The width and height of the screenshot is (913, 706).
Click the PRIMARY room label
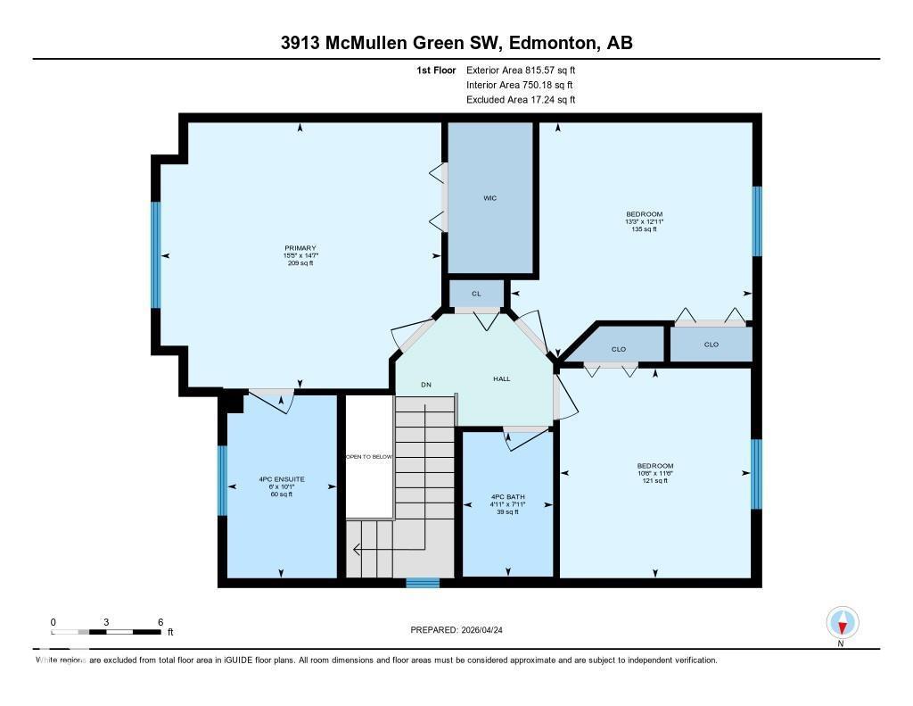coord(300,248)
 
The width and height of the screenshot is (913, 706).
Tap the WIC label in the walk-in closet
coord(489,198)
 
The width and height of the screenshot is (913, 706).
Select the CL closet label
coord(476,294)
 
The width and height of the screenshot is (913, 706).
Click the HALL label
coord(502,379)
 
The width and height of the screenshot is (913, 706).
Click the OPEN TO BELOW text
coord(369,456)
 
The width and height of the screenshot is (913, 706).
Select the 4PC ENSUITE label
coord(282,479)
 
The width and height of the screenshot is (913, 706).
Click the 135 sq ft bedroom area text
coord(644,229)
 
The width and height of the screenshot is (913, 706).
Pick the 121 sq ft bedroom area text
coord(654,481)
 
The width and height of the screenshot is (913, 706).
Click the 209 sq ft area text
coord(300,264)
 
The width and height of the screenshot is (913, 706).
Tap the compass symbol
coord(842,622)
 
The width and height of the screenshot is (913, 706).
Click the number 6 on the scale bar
coord(160,621)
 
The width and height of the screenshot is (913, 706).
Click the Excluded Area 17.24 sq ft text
coord(521,100)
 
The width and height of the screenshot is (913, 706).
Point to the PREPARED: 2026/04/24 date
coord(462,630)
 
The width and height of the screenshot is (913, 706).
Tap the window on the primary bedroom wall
coord(156,254)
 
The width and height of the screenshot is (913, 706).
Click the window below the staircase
coord(416,583)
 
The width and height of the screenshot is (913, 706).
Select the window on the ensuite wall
coord(222,480)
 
